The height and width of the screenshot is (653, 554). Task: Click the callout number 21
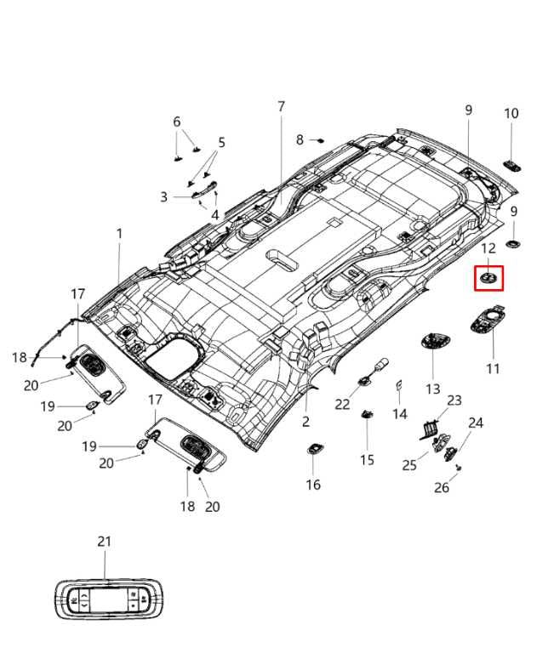click(x=104, y=542)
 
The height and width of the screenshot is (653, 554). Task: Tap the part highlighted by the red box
click(x=488, y=278)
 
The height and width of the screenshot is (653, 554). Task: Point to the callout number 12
click(x=488, y=248)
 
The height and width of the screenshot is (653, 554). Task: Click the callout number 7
click(x=281, y=106)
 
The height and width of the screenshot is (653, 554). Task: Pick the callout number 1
click(x=120, y=233)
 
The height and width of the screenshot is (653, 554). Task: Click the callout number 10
click(x=511, y=113)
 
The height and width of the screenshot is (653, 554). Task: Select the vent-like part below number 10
click(x=513, y=164)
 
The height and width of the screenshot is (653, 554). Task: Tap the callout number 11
click(x=494, y=369)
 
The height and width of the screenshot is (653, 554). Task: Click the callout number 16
click(x=313, y=485)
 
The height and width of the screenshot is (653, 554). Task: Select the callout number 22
click(x=342, y=405)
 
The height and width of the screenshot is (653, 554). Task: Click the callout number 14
click(x=400, y=414)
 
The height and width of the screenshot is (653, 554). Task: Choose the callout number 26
click(x=442, y=487)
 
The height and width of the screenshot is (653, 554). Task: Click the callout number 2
click(x=306, y=422)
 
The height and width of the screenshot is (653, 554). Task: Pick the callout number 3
click(x=164, y=197)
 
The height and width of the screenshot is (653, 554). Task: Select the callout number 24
click(x=476, y=423)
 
